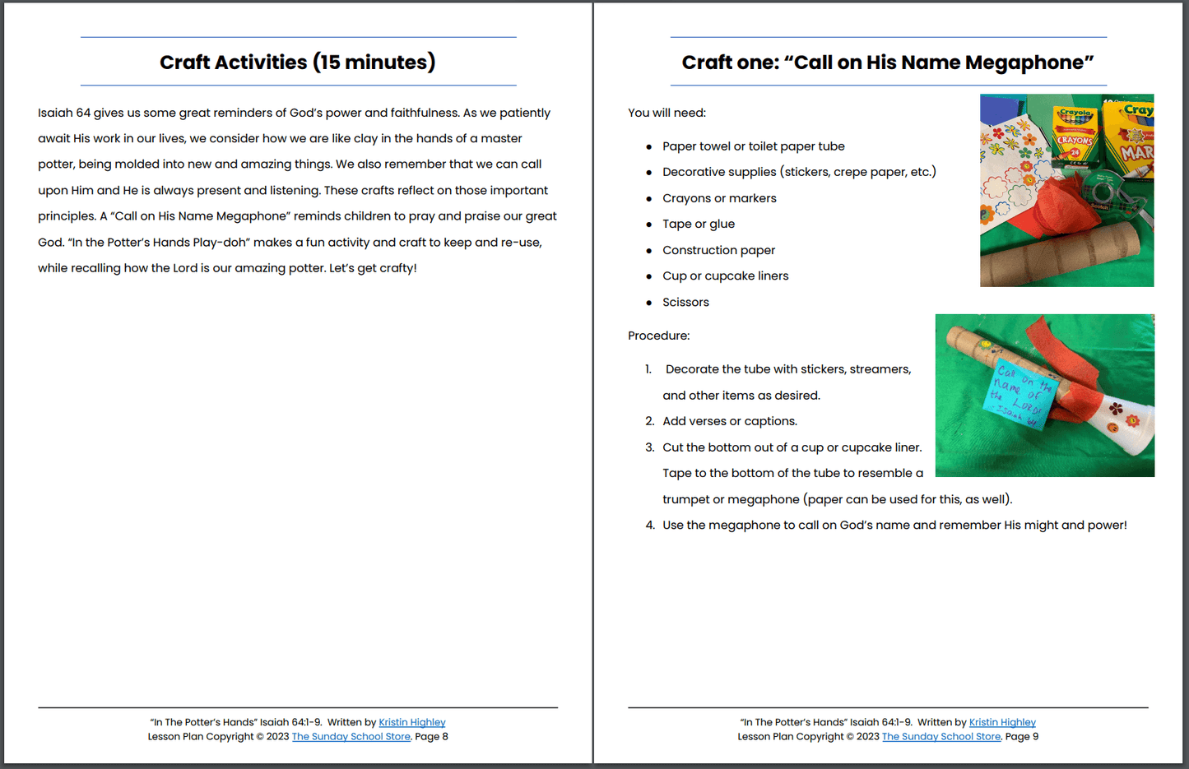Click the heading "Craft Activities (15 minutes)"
297,63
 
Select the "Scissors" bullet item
685,302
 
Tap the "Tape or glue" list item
699,224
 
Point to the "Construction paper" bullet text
718,250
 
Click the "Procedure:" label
658,336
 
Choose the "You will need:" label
666,113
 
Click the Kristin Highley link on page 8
411,722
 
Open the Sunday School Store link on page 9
941,737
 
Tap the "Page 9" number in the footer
1021,737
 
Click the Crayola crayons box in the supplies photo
1076,136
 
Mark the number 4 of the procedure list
650,525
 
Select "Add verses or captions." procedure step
730,421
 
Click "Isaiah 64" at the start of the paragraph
64,113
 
